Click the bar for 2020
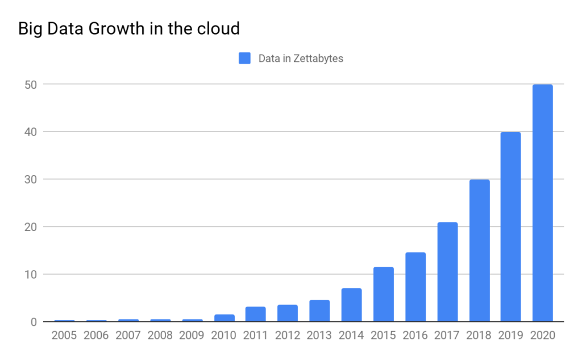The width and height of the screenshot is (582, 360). point(542,203)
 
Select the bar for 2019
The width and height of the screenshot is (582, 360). point(510,227)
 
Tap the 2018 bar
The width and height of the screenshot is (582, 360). point(479,251)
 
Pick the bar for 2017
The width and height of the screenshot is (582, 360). point(447,272)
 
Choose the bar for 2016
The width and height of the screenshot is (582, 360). point(415,287)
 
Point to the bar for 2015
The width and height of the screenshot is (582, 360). point(384,295)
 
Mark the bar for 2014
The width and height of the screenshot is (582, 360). point(352,305)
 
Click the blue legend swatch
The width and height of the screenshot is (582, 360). point(245,58)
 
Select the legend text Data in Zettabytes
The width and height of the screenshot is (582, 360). point(301,58)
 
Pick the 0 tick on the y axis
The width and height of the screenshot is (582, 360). point(34,322)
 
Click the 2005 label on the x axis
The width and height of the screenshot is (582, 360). point(64,336)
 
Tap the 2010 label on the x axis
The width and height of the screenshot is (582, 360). point(223,336)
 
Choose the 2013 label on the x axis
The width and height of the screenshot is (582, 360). point(319,336)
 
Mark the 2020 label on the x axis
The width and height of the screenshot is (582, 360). point(542,336)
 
